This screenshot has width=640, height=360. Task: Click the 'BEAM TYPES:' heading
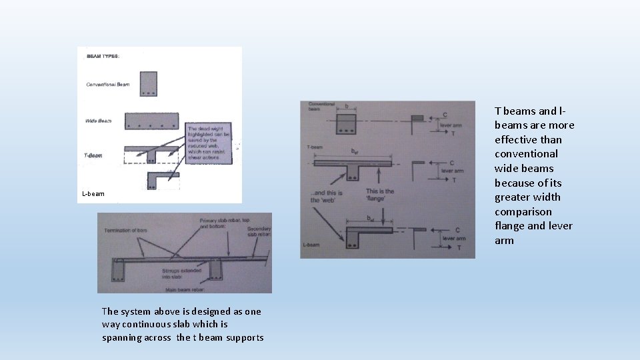[103, 56]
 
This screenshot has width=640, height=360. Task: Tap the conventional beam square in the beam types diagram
[148, 84]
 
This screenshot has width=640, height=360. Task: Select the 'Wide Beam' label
[98, 121]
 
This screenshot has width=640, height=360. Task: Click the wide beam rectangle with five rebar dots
[151, 120]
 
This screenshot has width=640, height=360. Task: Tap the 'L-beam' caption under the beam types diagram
[93, 194]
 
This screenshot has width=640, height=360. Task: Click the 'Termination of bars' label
[125, 231]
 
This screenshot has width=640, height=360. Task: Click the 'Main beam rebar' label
[183, 289]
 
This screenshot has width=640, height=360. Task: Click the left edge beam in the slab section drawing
[119, 271]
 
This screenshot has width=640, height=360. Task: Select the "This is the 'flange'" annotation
[379, 195]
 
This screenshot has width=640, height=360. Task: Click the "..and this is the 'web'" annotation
[323, 196]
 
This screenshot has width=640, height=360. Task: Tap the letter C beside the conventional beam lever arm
[445, 114]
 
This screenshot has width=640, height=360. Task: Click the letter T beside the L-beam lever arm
[459, 247]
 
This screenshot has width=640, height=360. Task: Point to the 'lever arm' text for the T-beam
[451, 171]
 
